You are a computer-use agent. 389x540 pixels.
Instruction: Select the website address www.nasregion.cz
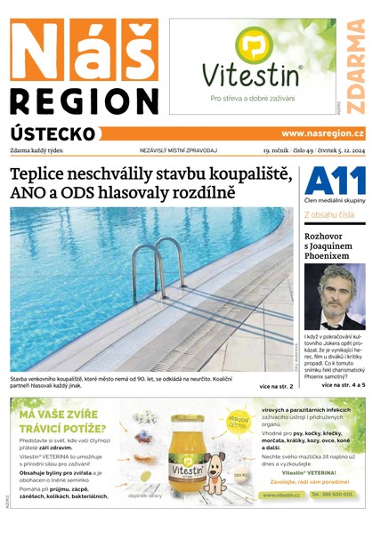click(x=322, y=133)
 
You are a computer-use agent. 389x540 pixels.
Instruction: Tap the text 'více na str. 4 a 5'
click(x=342, y=385)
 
